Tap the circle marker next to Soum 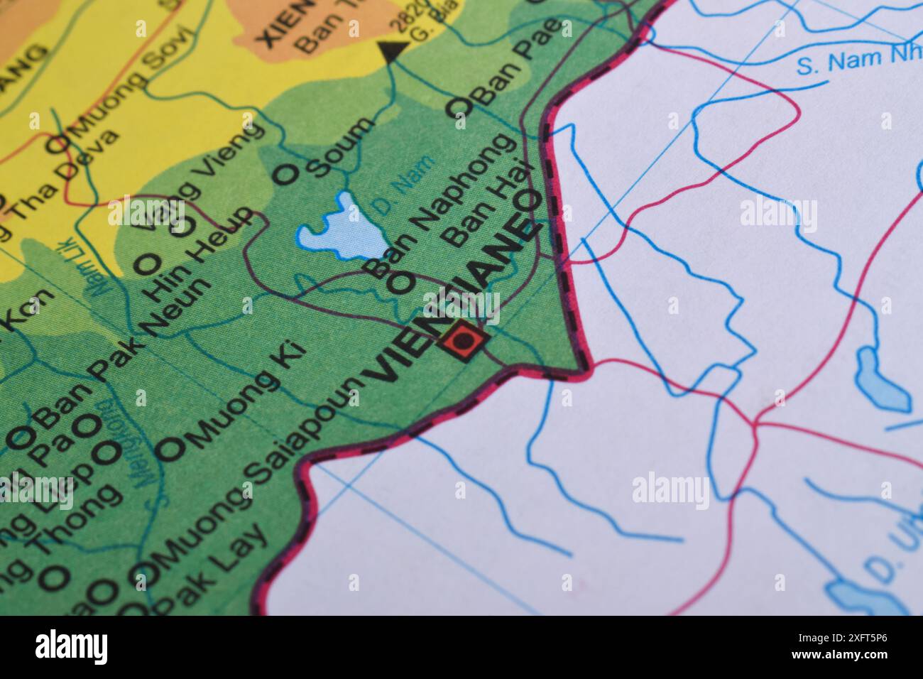(x=286, y=174)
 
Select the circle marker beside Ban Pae (x=458, y=107)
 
